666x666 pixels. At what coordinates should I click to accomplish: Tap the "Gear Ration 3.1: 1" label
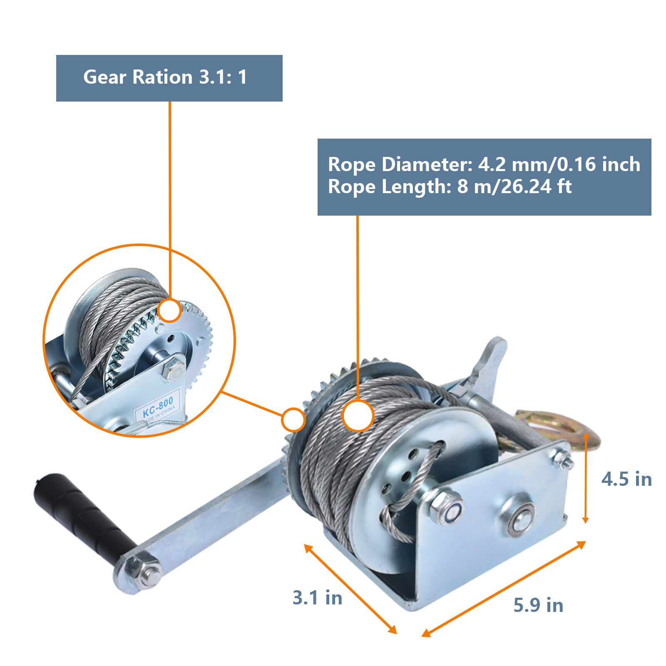point(165,77)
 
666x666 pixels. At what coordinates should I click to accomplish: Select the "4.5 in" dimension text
point(626,479)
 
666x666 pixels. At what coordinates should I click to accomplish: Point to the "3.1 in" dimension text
point(317,598)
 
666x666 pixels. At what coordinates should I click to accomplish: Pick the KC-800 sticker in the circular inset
point(157,408)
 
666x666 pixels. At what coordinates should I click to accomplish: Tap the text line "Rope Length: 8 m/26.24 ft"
point(450,186)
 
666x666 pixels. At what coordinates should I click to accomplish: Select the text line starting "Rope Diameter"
point(484,164)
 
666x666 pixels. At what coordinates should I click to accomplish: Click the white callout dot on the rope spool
point(358,415)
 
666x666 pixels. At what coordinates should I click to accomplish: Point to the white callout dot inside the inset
point(169,311)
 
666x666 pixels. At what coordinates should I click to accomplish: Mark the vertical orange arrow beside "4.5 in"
point(585,478)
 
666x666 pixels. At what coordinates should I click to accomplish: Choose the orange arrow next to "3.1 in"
point(350,589)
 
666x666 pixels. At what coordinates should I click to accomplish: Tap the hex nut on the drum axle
point(446,507)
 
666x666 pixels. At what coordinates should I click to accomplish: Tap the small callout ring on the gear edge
point(293,420)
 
